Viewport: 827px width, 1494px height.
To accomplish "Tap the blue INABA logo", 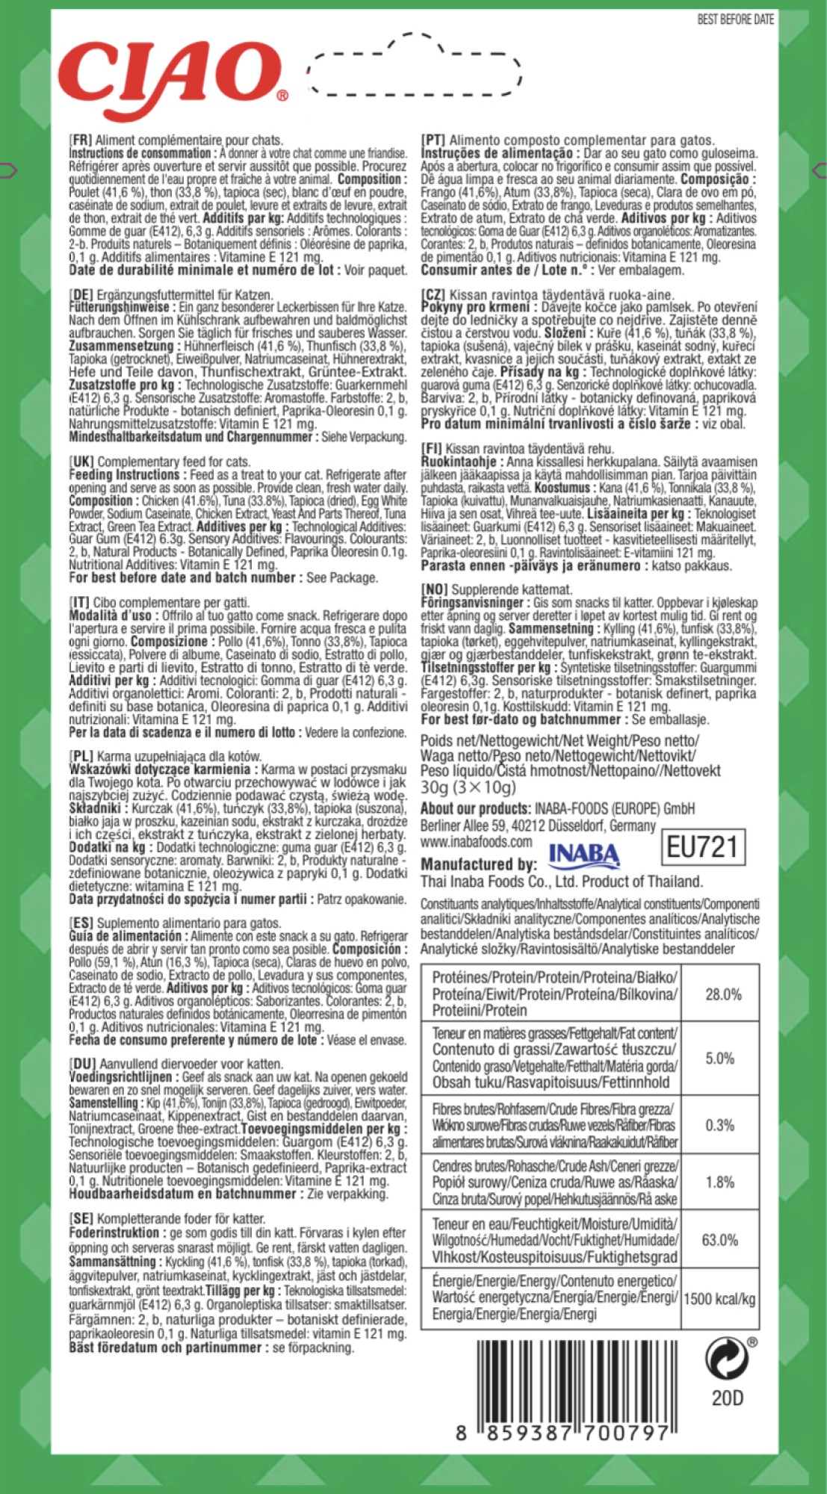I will [583, 855].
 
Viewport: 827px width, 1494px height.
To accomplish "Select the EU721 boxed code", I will [702, 847].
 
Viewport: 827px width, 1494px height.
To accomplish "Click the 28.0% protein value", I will [722, 994].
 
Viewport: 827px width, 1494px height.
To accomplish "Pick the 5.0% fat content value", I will [719, 1058].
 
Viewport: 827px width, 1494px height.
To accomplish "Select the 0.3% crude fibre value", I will [719, 1125].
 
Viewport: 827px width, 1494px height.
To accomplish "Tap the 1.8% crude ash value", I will [719, 1182].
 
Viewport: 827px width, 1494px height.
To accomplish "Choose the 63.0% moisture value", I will [719, 1240].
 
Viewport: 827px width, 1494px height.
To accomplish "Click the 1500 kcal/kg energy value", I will [719, 1298].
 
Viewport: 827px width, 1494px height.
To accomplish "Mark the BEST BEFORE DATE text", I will [735, 19].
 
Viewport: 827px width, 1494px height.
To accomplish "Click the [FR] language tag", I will [80, 140].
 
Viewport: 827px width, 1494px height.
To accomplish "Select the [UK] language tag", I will [81, 462].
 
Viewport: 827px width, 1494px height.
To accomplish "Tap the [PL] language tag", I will [81, 756].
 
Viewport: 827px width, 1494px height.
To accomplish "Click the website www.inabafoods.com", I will [476, 842].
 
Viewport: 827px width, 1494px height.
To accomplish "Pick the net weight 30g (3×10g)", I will [468, 787].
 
